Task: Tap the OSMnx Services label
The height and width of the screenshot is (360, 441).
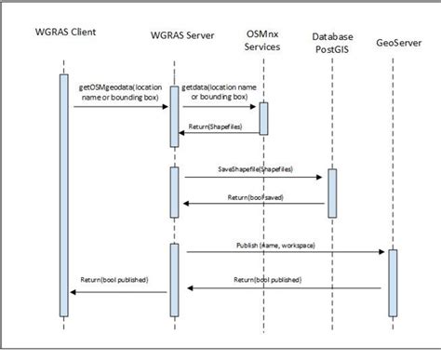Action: [x=263, y=38]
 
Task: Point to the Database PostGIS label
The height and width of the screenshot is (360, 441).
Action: [x=331, y=42]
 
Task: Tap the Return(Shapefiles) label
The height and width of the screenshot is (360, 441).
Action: [x=220, y=126]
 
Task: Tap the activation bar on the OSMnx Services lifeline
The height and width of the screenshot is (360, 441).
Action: [x=263, y=117]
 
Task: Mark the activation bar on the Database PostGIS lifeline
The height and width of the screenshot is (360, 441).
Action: [x=332, y=192]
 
